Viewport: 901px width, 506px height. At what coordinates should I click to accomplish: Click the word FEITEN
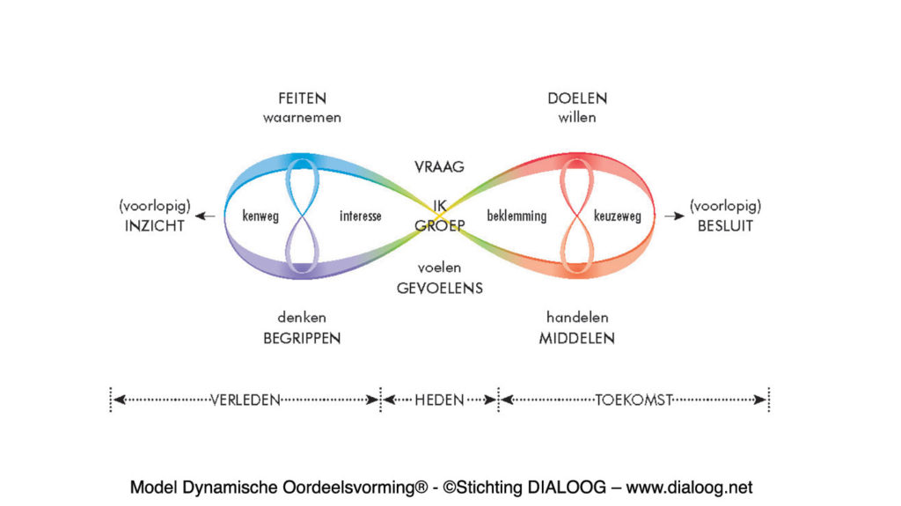302,99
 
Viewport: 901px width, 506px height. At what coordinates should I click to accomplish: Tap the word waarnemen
302,116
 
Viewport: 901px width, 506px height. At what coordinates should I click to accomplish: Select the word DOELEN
577,99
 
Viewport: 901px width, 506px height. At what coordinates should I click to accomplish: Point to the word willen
577,116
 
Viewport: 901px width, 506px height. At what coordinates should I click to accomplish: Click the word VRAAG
439,166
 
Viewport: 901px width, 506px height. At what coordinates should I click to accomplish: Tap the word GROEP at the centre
440,225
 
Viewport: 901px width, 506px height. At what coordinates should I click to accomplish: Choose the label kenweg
260,216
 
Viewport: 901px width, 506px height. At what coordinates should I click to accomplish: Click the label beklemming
516,216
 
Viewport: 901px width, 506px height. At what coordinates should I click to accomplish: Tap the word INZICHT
154,225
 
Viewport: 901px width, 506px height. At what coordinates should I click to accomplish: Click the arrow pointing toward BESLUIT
675,216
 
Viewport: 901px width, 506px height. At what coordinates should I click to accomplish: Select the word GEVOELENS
439,288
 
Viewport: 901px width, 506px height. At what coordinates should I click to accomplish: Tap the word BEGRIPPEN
302,338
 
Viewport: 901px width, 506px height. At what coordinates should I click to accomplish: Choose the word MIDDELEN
577,338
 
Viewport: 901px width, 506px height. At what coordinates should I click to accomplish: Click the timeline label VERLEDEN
245,400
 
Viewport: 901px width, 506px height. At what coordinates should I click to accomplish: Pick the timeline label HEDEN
439,400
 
